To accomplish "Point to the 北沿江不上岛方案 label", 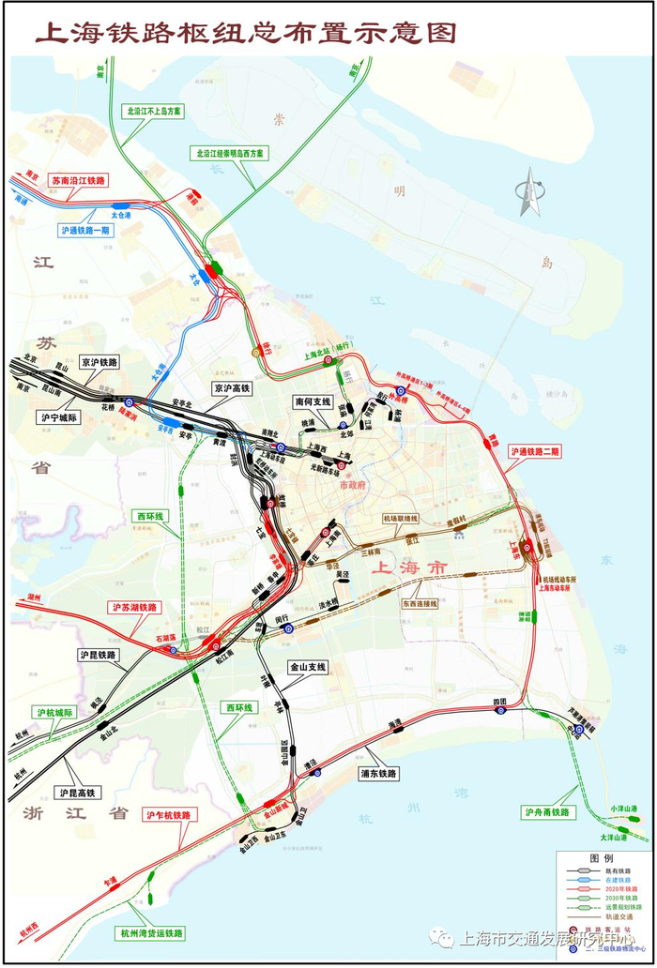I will (x=155, y=111).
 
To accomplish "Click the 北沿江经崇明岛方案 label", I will (x=230, y=152).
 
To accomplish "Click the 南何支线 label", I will (x=313, y=401).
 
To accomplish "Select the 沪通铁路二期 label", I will (x=535, y=451).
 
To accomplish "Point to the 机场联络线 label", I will (x=401, y=519).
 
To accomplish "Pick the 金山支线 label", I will (x=307, y=667).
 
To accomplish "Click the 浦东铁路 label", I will (x=379, y=774).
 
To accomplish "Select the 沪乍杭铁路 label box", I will (x=169, y=816).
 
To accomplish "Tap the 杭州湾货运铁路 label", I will (x=151, y=933).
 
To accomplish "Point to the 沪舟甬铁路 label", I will (x=549, y=813).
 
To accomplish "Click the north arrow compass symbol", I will (x=527, y=191).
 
